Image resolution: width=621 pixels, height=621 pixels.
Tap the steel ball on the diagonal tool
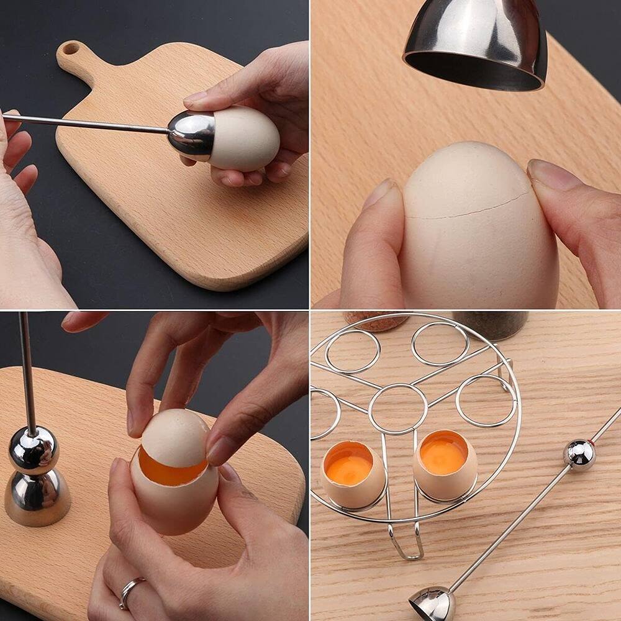tap(579, 455)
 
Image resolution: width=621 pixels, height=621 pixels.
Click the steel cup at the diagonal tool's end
tap(432, 604)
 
